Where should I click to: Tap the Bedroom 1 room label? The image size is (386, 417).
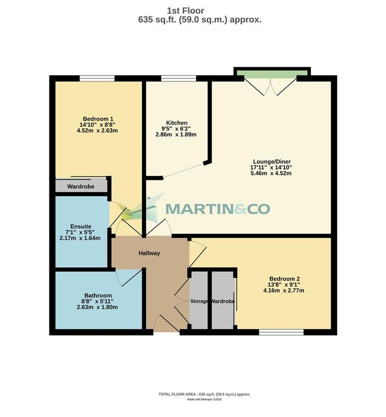(98, 119)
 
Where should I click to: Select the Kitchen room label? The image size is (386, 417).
(177, 123)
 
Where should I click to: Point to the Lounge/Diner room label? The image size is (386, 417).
(272, 161)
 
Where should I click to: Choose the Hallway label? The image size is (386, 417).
(149, 253)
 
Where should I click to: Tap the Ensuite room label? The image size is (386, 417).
(80, 226)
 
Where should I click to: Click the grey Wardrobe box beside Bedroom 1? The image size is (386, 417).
(81, 186)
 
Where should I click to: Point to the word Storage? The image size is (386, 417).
(199, 301)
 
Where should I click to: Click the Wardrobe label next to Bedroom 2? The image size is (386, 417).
(222, 301)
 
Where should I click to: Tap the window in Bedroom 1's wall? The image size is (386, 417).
(97, 79)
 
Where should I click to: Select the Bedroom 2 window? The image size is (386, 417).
(281, 332)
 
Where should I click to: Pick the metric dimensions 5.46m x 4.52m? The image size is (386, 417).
(272, 174)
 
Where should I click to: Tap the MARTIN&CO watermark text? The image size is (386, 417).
(217, 208)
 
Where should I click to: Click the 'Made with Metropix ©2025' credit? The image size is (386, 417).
(204, 399)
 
